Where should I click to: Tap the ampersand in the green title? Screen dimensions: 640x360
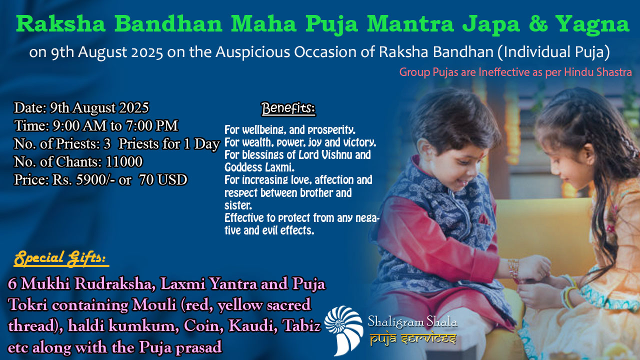[538, 23]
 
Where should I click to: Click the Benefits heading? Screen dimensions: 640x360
[288, 108]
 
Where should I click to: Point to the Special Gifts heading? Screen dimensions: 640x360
[61, 258]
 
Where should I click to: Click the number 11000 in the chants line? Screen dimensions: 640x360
[124, 161]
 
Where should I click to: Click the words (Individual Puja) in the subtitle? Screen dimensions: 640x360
[553, 52]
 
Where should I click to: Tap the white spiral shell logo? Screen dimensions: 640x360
[343, 329]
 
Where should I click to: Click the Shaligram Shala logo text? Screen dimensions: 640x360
[412, 321]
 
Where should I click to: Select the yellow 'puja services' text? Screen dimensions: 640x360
[413, 339]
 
